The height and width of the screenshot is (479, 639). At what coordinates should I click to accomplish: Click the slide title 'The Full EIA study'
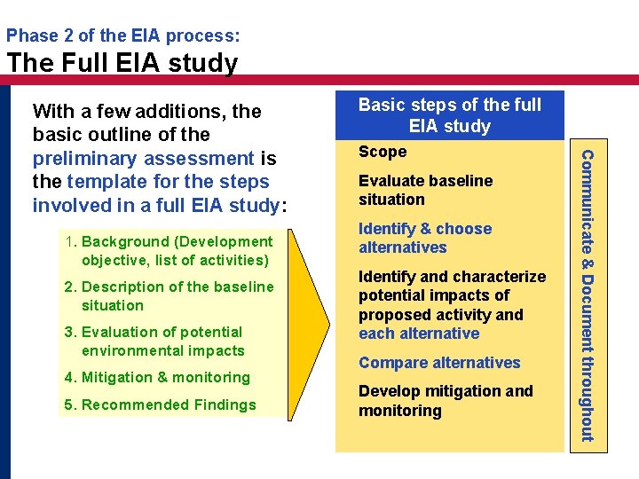[122, 63]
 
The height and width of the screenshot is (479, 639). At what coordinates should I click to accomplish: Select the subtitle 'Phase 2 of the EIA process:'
[122, 36]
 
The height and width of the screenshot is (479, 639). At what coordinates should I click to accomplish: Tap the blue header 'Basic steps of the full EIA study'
[449, 115]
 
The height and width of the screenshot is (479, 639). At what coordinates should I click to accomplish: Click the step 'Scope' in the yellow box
[383, 152]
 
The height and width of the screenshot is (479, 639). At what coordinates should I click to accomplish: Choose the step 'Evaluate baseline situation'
[425, 190]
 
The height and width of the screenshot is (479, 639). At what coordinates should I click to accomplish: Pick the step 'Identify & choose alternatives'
[424, 238]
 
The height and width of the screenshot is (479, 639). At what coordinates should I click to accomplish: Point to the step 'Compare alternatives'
[439, 363]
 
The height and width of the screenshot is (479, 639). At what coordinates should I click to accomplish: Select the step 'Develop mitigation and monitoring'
[446, 401]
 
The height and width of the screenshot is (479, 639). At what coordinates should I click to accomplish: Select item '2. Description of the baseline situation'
[169, 295]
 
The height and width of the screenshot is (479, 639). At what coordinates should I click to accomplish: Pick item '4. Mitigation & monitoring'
[157, 377]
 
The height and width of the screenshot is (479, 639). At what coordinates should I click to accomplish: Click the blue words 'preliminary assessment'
[144, 159]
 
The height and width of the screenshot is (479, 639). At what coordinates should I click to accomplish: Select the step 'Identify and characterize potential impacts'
[452, 305]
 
